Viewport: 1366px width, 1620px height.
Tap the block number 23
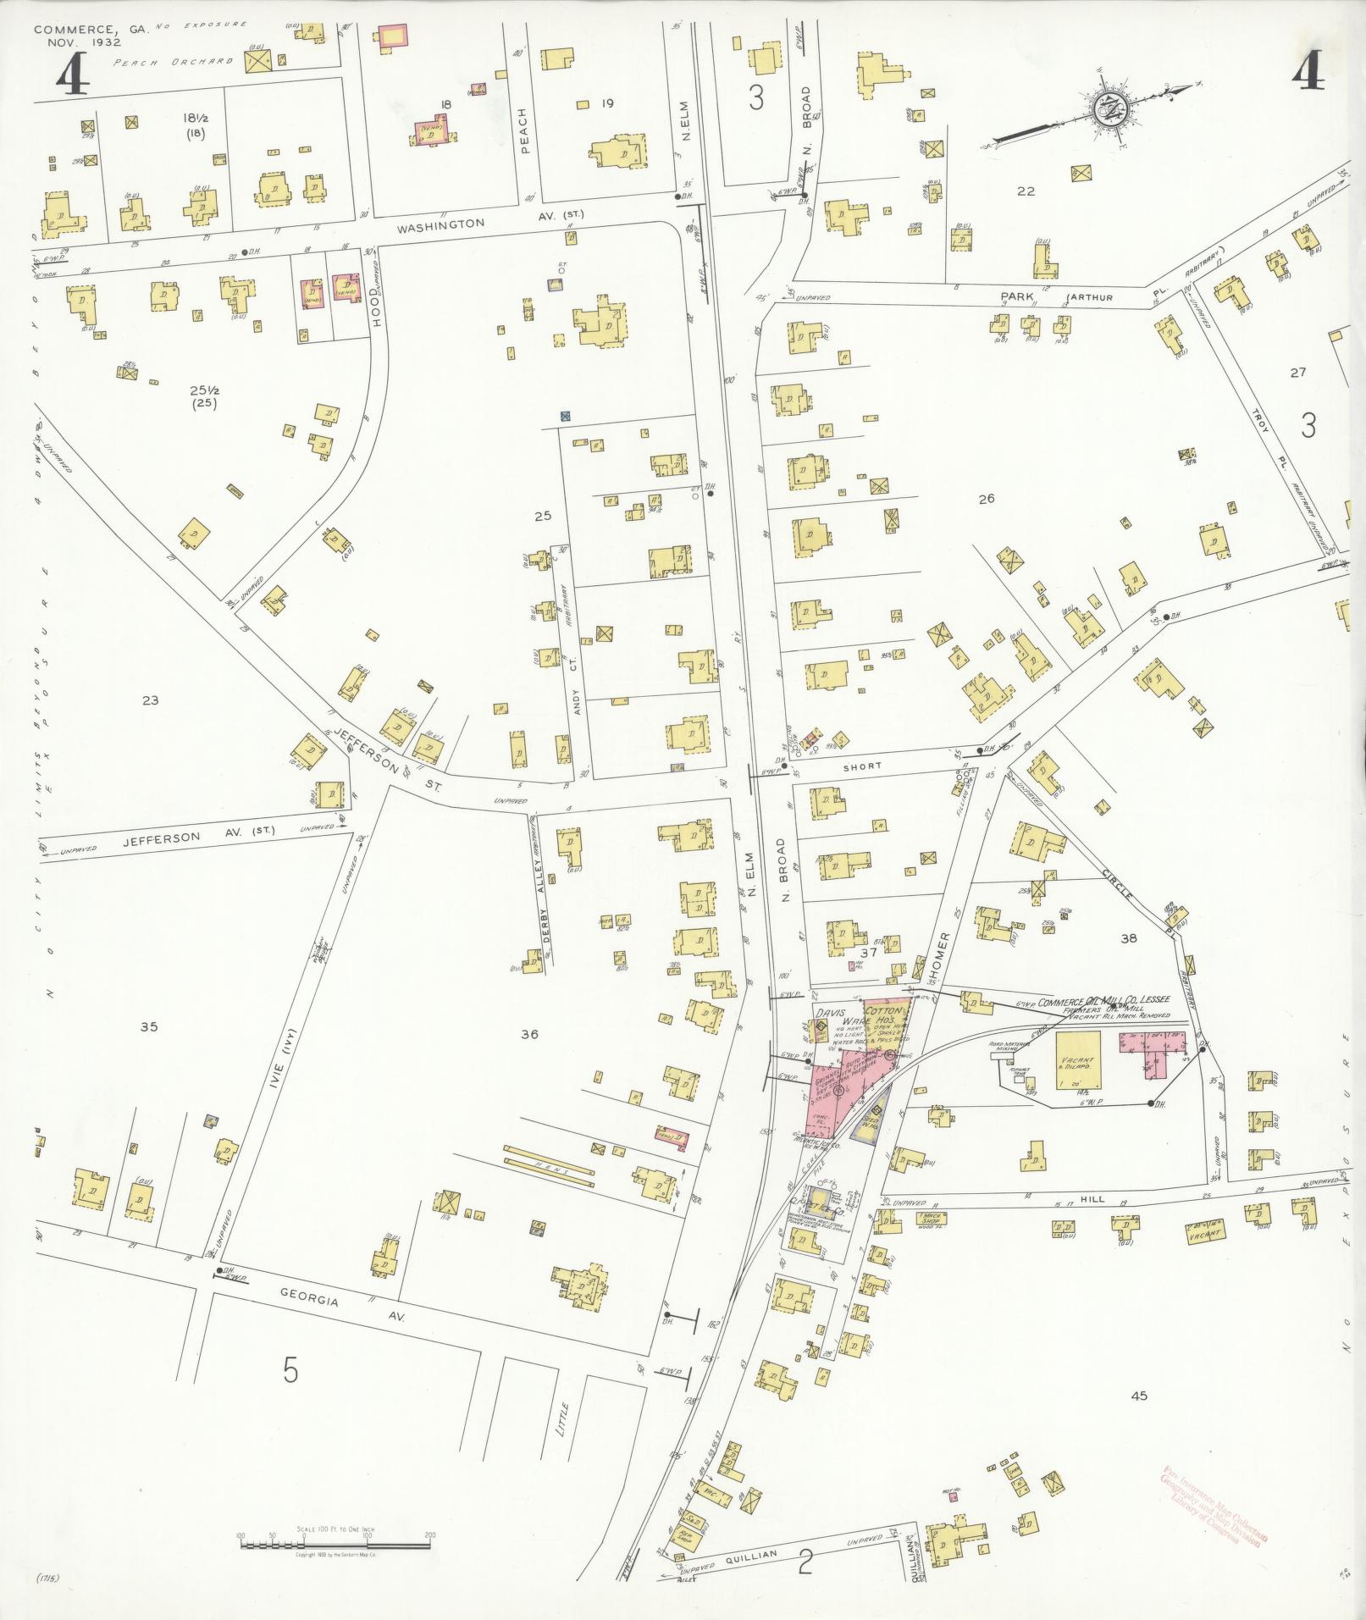151,700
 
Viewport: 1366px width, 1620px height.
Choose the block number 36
530,1033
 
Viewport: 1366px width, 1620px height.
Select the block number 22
1026,191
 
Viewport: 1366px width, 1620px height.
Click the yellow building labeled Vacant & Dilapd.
1077,1060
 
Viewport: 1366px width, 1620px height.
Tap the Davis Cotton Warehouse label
855,1016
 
